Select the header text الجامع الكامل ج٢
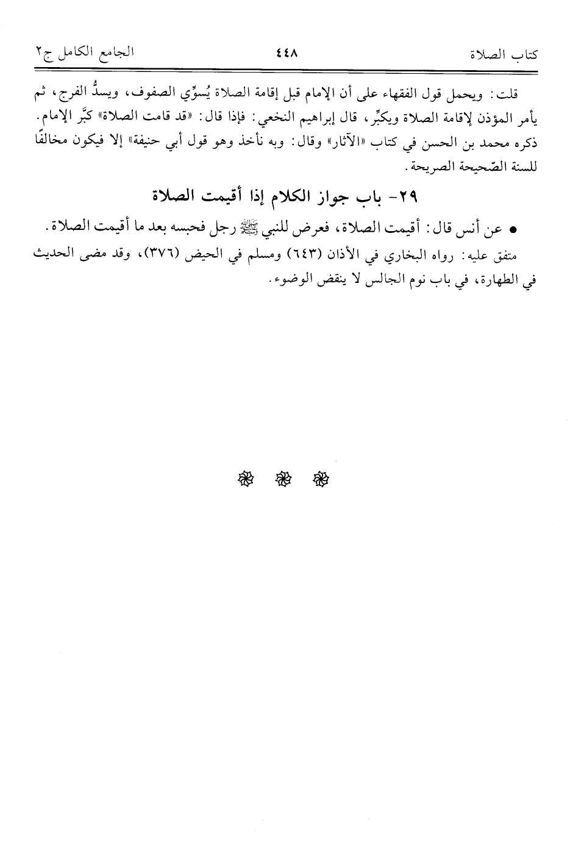(x=84, y=54)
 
